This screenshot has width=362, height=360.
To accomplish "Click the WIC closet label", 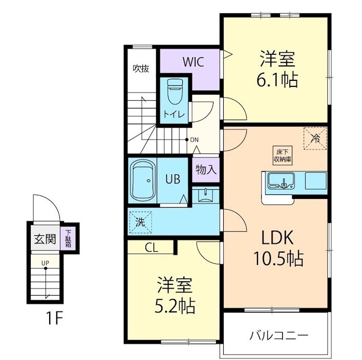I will [194, 62].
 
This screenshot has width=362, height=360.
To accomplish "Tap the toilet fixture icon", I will [174, 92].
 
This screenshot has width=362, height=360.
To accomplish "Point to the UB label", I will [172, 179].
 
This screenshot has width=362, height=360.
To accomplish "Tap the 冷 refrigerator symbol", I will [315, 138].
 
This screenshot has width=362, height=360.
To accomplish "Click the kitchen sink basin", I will [280, 181].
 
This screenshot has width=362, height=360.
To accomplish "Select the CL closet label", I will [152, 248].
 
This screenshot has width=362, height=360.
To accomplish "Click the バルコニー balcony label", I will [279, 336].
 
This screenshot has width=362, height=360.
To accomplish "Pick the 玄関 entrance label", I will [45, 239].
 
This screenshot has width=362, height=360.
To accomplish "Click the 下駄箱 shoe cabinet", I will [68, 238].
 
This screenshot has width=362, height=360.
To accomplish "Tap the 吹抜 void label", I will [141, 68].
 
